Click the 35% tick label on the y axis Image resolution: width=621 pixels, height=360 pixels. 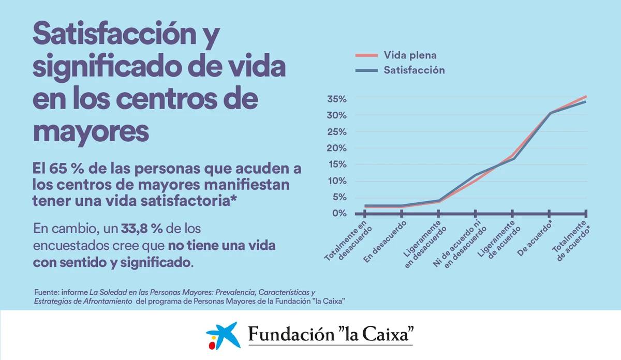(337, 99)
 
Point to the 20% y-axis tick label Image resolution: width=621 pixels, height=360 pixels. (337, 148)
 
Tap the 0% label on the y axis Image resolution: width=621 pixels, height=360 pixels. (339, 214)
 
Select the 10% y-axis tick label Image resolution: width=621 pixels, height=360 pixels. (337, 181)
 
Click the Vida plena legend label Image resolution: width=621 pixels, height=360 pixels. (410, 55)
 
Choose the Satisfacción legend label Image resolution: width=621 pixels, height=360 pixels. (414, 70)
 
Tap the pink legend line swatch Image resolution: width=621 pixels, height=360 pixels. (366, 55)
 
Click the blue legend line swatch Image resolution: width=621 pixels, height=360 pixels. (366, 70)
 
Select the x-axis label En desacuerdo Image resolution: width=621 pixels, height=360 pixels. (385, 242)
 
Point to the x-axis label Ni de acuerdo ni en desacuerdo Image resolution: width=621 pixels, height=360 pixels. (459, 245)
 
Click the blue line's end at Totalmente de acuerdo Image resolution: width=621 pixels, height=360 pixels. (586, 102)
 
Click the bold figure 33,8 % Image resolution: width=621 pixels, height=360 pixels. (142, 229)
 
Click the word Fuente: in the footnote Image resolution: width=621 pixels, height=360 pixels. (47, 292)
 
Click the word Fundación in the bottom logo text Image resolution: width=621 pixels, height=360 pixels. (291, 334)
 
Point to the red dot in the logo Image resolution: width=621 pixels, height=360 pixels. (212, 346)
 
